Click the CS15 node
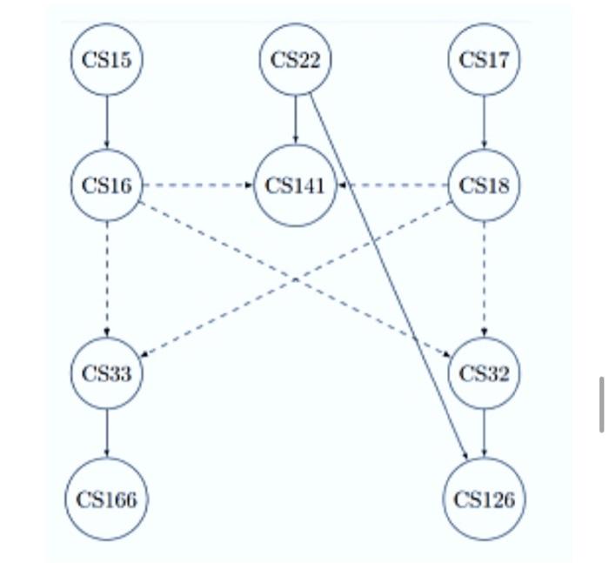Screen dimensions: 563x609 [106, 59]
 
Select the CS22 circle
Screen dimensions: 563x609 [295, 59]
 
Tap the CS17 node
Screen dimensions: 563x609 [484, 59]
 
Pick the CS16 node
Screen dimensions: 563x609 [106, 185]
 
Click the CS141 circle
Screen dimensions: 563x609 [295, 185]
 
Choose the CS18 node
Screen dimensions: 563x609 [484, 185]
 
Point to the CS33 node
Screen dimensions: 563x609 [106, 373]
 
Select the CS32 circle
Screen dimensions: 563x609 [484, 373]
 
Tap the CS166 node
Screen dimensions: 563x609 [106, 499]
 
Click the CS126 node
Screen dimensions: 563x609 [484, 499]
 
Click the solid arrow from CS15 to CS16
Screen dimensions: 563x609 [106, 122]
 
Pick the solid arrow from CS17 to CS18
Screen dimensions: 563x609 [484, 122]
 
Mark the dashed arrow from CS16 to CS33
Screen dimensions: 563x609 [106, 278]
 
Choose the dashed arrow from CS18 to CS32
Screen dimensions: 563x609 [484, 278]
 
